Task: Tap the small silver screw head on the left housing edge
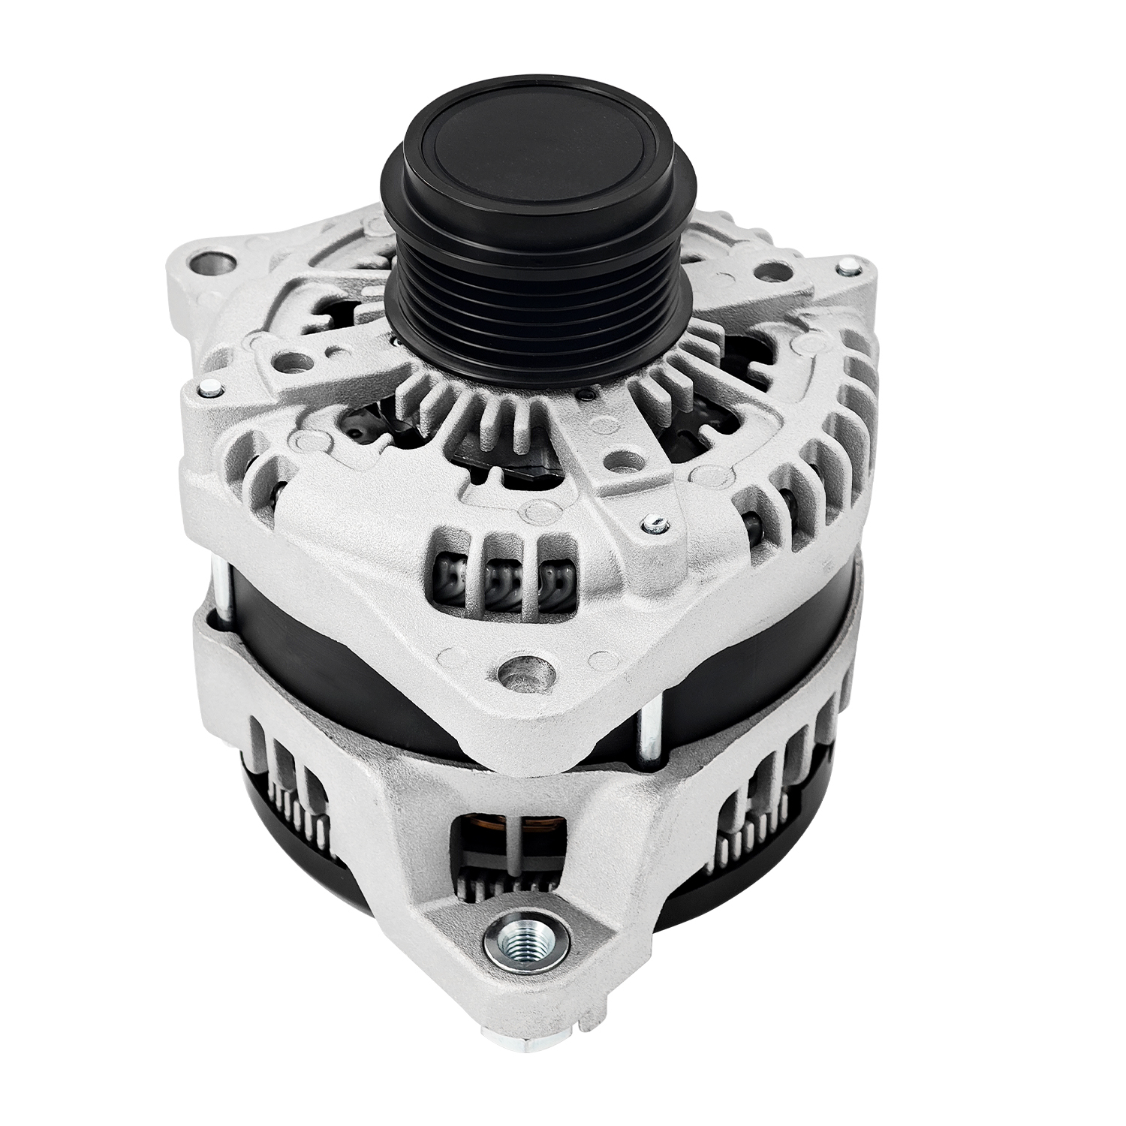[x=209, y=388]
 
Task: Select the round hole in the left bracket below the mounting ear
[x=292, y=361]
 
